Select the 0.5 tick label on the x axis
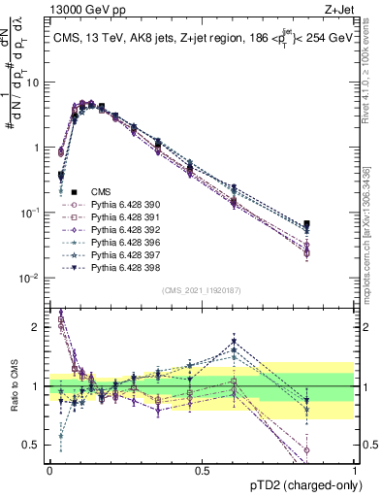tap(202, 468)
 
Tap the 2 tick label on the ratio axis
tap(37, 327)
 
